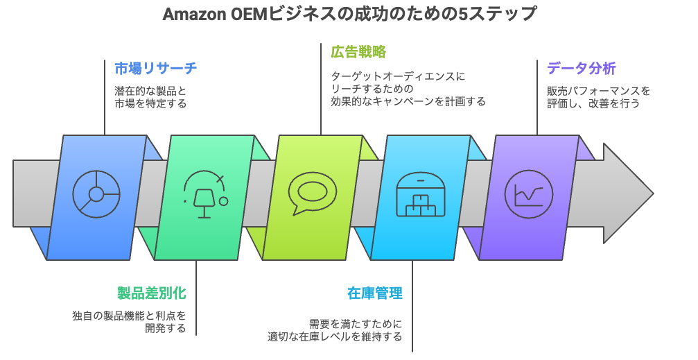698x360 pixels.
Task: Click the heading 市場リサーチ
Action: coord(155,68)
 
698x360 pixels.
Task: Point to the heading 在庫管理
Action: coord(374,293)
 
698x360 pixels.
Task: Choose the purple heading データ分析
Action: coord(581,68)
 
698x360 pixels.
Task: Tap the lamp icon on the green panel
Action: coord(204,194)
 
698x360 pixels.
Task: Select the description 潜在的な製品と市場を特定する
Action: coord(150,97)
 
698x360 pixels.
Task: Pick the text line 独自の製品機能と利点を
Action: coord(129,316)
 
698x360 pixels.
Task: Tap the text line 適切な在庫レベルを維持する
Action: coord(335,337)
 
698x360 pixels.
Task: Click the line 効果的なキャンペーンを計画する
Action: coord(408,101)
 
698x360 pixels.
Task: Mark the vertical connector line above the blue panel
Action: coord(105,97)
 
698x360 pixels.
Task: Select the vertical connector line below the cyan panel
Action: coord(413,305)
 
